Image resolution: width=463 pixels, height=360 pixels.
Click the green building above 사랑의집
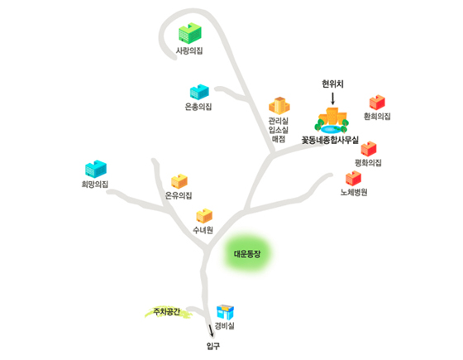click(x=190, y=33)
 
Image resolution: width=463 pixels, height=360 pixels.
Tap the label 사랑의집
click(x=189, y=50)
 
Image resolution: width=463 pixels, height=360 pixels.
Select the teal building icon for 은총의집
click(x=199, y=92)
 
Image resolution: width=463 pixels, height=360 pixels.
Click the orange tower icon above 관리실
click(x=279, y=106)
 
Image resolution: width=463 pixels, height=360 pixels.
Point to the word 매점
click(x=279, y=139)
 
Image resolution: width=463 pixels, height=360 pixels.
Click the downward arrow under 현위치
click(x=332, y=98)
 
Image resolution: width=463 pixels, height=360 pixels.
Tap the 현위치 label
click(x=332, y=84)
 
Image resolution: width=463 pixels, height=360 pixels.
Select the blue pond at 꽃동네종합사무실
click(x=331, y=129)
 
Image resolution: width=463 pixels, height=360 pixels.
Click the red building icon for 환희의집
click(x=377, y=103)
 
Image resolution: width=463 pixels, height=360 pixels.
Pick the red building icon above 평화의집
click(x=369, y=149)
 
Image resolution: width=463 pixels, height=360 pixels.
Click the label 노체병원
click(x=354, y=192)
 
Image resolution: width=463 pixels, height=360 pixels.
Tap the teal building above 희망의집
click(x=96, y=169)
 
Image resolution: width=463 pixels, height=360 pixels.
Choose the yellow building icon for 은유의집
click(x=179, y=181)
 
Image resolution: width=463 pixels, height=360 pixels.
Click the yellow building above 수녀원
click(x=204, y=216)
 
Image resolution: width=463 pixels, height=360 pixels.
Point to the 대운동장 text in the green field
click(x=247, y=254)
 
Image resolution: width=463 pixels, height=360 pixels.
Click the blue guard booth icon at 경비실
click(x=225, y=313)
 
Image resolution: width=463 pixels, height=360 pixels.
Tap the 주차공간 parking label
click(x=166, y=311)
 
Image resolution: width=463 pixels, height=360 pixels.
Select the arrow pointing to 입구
click(x=211, y=331)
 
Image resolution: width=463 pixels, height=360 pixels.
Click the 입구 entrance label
click(x=213, y=346)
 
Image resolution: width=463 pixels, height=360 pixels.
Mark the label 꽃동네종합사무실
click(x=330, y=140)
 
